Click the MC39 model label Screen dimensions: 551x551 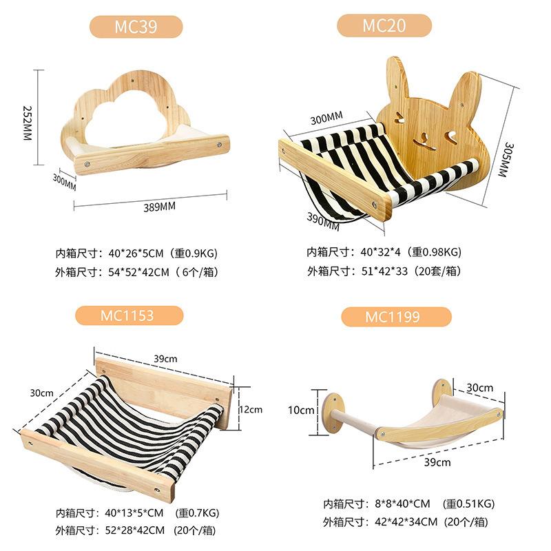(x=136, y=27)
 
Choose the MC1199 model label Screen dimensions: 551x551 (x=395, y=317)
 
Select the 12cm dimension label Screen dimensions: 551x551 (x=251, y=409)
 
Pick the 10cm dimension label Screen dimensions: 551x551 (x=301, y=410)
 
